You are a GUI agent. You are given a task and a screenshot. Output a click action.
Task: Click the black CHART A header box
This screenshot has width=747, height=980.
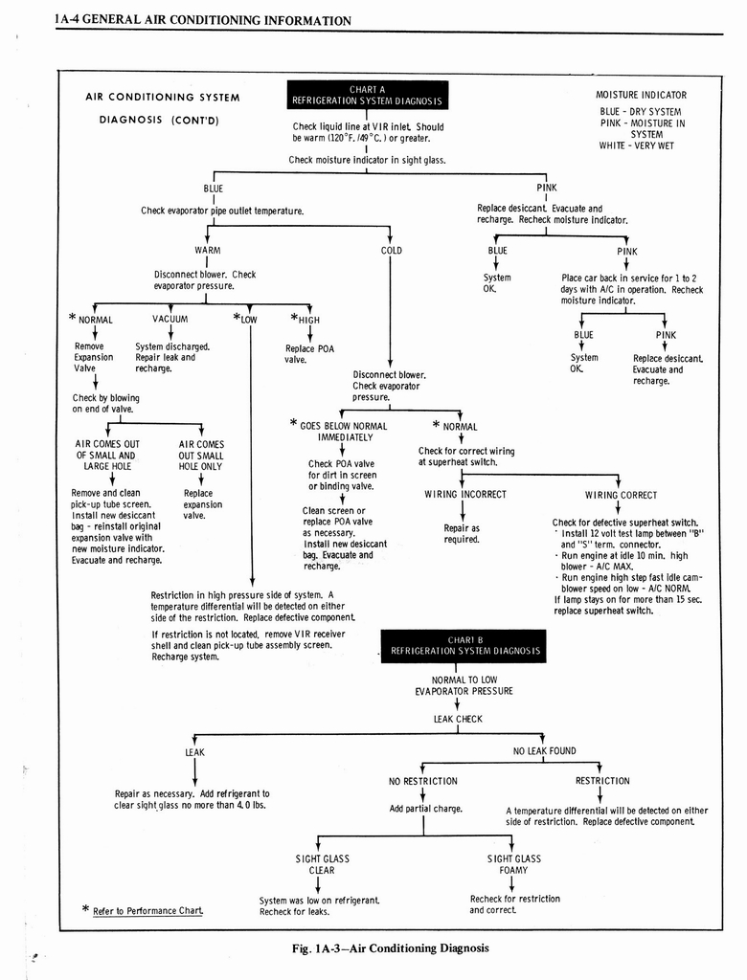pyautogui.click(x=368, y=96)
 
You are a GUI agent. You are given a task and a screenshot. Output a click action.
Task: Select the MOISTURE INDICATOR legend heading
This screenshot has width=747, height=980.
pyautogui.click(x=641, y=95)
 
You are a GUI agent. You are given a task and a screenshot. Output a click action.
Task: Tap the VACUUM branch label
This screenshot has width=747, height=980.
pyautogui.click(x=170, y=320)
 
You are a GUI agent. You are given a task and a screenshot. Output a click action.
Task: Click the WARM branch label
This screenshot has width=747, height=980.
pyautogui.click(x=208, y=251)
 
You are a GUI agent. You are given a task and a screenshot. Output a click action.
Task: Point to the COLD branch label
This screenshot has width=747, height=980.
pyautogui.click(x=391, y=251)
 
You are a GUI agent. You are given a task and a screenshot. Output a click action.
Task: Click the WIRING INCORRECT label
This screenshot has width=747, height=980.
pyautogui.click(x=465, y=495)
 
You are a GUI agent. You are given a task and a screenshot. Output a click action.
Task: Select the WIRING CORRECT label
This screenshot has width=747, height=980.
pyautogui.click(x=621, y=495)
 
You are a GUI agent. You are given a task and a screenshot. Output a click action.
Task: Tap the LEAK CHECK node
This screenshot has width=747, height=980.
pyautogui.click(x=458, y=719)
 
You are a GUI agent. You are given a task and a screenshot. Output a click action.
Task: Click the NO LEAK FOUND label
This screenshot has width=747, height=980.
pyautogui.click(x=544, y=751)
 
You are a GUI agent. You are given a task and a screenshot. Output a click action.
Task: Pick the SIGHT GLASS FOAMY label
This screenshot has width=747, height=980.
pyautogui.click(x=514, y=864)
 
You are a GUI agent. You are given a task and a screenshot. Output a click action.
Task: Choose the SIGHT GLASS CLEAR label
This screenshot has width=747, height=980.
pyautogui.click(x=322, y=864)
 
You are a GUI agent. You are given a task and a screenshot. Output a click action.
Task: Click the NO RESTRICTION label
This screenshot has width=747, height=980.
pyautogui.click(x=422, y=781)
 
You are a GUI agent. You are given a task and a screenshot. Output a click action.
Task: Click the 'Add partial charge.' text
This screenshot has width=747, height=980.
pyautogui.click(x=425, y=809)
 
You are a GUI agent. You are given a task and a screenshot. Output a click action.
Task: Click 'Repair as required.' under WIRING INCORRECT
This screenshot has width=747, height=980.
pyautogui.click(x=462, y=533)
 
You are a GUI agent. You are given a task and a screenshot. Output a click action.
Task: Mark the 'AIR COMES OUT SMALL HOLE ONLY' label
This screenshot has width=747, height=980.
pyautogui.click(x=201, y=456)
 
